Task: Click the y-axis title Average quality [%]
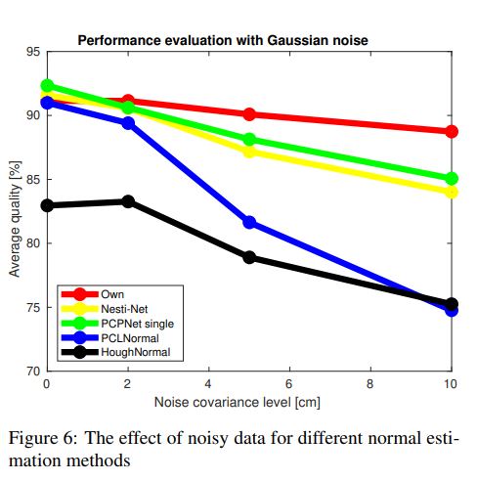[x=15, y=211]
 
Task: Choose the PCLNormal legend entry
[x=127, y=337]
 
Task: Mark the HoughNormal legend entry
[x=133, y=351]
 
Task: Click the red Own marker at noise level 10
[x=452, y=131]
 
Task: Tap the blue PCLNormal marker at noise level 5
[x=249, y=222]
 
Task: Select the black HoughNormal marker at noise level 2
[x=128, y=201]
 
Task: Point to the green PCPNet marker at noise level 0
[x=47, y=86]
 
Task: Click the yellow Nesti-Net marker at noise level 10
[x=452, y=192]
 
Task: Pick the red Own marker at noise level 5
[x=249, y=114]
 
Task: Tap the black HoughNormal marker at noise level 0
[x=47, y=205]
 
